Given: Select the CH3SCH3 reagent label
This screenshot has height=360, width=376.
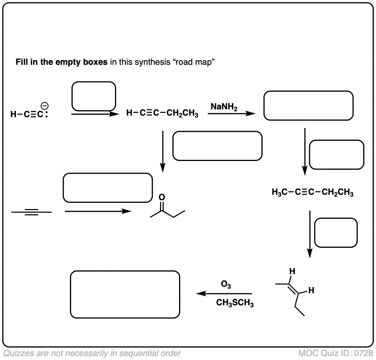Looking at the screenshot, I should (x=235, y=303).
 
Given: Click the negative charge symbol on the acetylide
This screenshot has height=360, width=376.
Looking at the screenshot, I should (x=45, y=106).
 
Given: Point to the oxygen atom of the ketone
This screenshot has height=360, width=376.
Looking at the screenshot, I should (x=162, y=197).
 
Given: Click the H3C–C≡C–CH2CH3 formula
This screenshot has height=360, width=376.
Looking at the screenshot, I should (x=313, y=192).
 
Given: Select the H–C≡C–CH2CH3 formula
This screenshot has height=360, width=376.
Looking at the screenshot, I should (x=162, y=114).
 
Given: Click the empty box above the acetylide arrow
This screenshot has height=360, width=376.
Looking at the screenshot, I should (x=94, y=96).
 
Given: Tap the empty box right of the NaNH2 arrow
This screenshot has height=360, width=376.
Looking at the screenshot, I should (x=308, y=106).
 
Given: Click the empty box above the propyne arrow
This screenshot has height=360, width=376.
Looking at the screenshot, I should (x=108, y=188).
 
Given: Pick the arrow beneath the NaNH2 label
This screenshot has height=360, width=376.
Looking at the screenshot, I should (x=232, y=114).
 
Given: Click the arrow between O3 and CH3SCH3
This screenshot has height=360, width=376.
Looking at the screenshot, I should (x=224, y=294).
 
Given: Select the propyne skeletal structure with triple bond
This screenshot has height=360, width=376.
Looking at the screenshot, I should (x=31, y=212).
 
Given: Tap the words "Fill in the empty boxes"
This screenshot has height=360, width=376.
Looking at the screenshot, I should (x=61, y=62).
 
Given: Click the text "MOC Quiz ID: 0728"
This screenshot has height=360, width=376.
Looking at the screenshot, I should (x=336, y=353).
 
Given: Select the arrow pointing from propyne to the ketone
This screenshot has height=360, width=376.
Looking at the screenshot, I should (x=98, y=211).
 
